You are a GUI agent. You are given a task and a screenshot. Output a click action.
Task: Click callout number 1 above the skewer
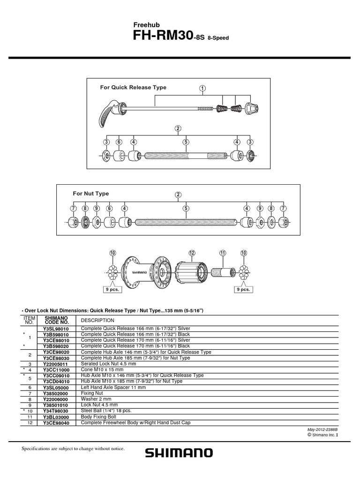pos(202,89)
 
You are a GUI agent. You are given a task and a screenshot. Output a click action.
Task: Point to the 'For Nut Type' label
pos(90,194)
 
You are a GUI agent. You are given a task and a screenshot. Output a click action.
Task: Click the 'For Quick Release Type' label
pos(133,87)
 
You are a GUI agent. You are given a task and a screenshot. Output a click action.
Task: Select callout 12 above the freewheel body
pos(192,253)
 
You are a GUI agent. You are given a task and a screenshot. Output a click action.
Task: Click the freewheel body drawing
pos(190,272)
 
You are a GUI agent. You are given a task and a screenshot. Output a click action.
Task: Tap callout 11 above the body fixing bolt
pos(223,253)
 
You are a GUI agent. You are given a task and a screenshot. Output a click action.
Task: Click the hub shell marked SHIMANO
pos(146,272)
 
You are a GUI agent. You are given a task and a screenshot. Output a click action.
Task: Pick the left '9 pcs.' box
pos(112,289)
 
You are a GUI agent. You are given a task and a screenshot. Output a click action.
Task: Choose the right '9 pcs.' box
pos(244,289)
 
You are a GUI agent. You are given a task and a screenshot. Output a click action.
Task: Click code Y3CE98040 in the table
pos(56,423)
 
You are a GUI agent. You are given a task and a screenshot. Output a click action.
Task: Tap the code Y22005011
pos(56,364)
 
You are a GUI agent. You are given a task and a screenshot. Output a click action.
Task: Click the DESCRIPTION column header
pos(97,321)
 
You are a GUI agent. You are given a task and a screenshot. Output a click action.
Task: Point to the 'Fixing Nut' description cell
pos(92,393)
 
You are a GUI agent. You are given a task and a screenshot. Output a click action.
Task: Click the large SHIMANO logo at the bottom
pos(179,453)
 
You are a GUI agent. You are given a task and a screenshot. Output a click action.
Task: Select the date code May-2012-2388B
pos(322,430)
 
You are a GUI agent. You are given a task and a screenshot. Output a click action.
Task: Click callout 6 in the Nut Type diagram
pos(109,209)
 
